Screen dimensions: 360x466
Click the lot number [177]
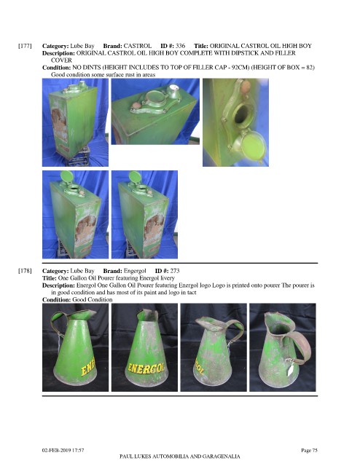[25, 46]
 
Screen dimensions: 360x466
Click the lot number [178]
[25, 271]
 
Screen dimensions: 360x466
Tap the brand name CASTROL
[138, 46]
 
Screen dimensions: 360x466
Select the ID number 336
[180, 46]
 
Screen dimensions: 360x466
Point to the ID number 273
[175, 271]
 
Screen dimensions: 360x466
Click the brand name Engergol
[135, 271]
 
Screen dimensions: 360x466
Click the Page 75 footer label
[309, 450]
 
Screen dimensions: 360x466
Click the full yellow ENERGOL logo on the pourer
[146, 368]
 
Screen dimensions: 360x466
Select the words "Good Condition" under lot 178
[93, 299]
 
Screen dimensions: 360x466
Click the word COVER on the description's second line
[62, 60]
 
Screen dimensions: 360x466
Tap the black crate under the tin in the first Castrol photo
[79, 156]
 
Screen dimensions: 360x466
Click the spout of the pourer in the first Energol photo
[90, 314]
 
